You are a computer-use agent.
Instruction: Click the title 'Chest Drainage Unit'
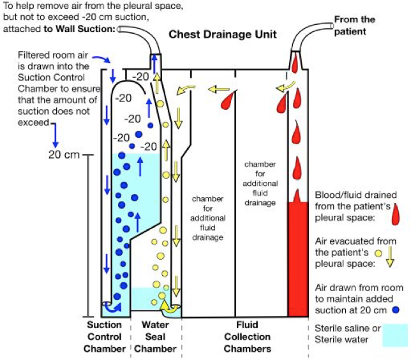point(222,33)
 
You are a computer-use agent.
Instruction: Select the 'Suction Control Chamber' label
point(104,337)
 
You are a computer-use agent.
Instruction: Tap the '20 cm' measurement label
point(63,154)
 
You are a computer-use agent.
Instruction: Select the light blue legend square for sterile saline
point(394,336)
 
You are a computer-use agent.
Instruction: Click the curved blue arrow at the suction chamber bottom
point(112,308)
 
